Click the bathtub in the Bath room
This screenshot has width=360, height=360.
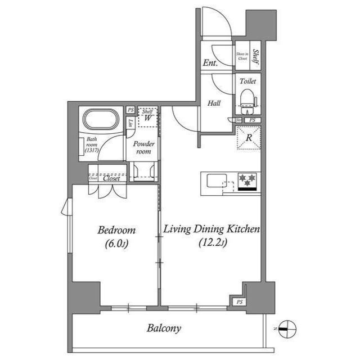[101, 120]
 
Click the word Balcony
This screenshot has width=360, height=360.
[164, 328]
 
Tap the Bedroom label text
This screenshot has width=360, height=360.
[116, 230]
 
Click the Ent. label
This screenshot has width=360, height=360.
[210, 63]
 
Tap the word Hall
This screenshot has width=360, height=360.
[213, 103]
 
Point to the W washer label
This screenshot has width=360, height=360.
[147, 118]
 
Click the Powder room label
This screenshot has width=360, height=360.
[143, 147]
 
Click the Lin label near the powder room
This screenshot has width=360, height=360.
[130, 123]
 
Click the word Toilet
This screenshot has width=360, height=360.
[247, 81]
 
